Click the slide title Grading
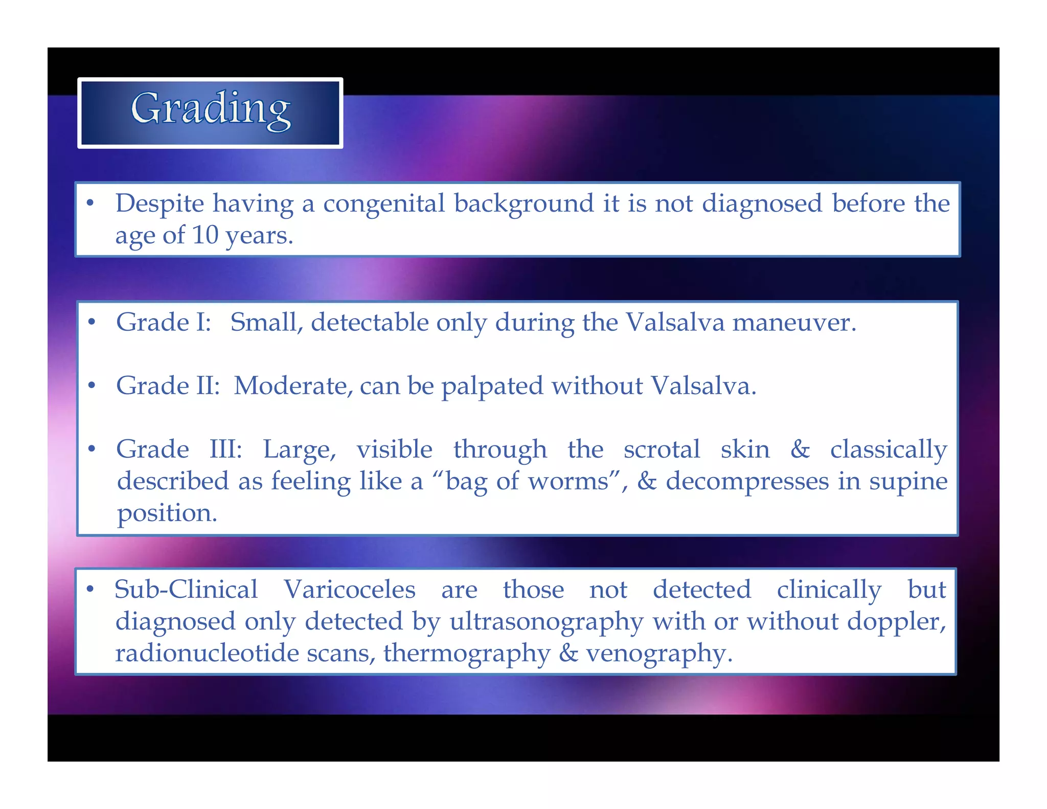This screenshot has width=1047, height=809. click(211, 109)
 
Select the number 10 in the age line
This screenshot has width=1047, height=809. click(205, 235)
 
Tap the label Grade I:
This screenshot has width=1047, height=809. click(164, 323)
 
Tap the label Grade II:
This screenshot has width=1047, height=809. click(168, 386)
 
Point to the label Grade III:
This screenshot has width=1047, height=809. click(179, 450)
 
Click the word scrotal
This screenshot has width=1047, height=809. click(662, 450)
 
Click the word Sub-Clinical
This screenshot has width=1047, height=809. click(186, 590)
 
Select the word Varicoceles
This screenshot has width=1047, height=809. click(350, 590)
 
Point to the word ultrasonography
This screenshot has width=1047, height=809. click(546, 622)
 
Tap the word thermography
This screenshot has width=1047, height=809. click(467, 654)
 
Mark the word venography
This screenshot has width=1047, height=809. click(658, 654)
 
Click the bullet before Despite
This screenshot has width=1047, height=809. click(90, 204)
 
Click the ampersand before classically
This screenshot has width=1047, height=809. click(800, 450)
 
